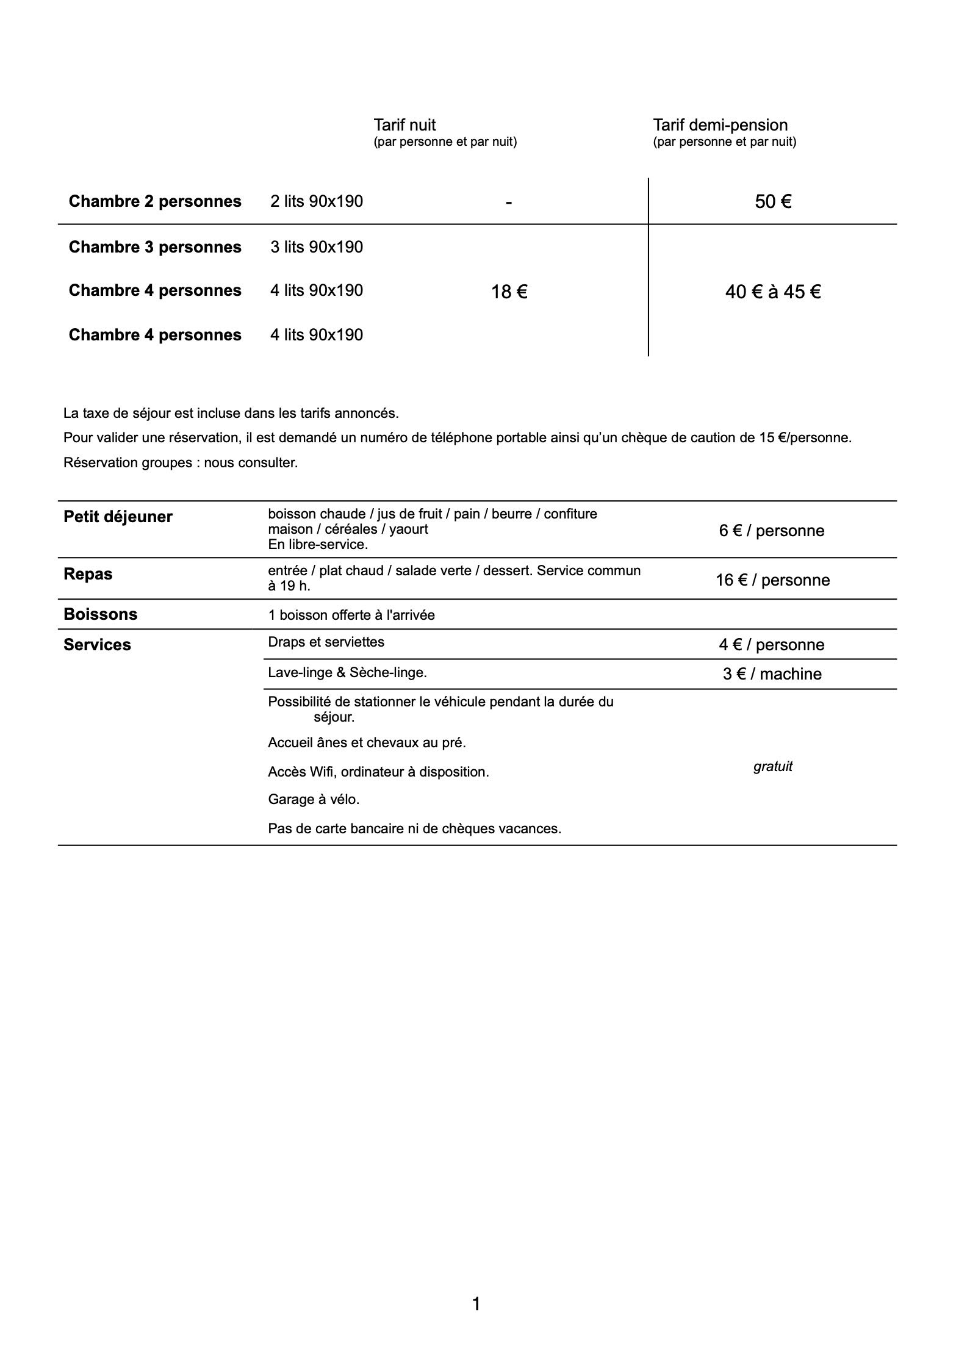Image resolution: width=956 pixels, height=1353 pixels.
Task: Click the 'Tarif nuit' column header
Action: coord(404,125)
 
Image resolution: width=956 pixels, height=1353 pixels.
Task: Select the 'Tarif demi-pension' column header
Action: coord(720,125)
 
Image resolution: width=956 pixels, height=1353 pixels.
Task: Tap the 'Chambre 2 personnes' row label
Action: coord(155,201)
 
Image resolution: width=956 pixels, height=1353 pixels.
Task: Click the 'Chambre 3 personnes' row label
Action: coord(155,247)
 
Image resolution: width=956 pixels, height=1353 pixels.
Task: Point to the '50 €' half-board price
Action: coord(773,202)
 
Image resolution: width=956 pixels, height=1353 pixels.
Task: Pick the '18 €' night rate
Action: coord(509,293)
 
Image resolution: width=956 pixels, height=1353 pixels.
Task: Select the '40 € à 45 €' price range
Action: coord(772,292)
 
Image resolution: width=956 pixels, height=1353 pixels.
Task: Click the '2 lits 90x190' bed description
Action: coord(317,201)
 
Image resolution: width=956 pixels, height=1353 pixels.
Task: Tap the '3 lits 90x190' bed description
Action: coord(317,247)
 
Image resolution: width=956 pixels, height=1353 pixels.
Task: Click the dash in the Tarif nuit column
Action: coord(509,202)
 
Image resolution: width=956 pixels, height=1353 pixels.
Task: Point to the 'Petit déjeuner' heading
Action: coord(118,517)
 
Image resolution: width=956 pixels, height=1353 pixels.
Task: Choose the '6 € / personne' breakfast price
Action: coord(771,531)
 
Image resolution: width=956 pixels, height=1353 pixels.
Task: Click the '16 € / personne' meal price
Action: coord(772,580)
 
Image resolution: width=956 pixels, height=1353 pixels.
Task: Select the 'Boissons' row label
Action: coord(100,614)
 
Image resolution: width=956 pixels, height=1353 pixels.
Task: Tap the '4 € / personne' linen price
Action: coord(771,645)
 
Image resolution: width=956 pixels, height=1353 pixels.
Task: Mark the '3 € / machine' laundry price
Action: coord(772,674)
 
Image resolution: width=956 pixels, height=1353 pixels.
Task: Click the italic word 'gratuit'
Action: coord(772,767)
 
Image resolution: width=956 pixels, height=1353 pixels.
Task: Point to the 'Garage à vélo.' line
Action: coord(314,799)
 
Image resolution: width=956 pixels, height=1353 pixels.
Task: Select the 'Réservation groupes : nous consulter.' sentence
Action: coord(181,462)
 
